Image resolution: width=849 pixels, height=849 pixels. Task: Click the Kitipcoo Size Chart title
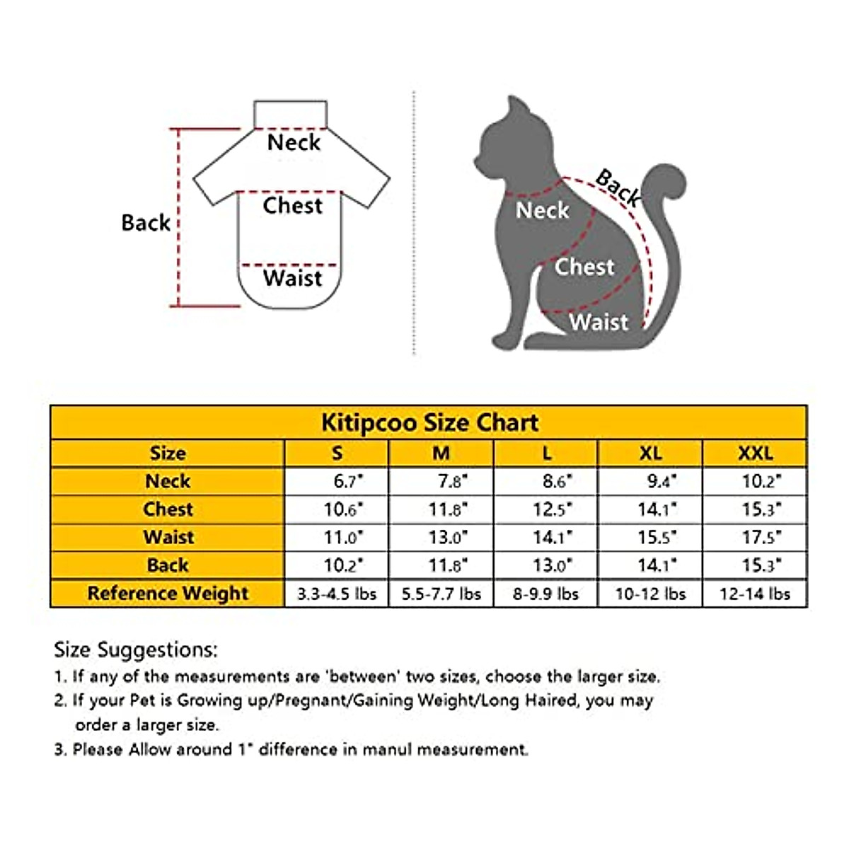click(429, 423)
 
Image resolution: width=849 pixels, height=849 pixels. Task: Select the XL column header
click(650, 454)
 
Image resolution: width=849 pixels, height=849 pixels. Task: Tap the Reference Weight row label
click(168, 594)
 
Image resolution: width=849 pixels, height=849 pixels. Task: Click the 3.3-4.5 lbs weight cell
click(337, 594)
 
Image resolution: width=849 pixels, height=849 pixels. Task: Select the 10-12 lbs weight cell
click(650, 594)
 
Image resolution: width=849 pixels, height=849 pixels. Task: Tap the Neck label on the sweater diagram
click(294, 143)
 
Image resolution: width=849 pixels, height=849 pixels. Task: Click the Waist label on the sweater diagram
click(292, 278)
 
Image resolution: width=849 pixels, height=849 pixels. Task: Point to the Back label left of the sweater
click(146, 223)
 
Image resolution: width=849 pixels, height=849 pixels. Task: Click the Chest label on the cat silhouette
click(584, 267)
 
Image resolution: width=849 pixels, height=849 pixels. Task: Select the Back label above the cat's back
click(618, 187)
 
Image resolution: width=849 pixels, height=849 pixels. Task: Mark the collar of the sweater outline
click(290, 113)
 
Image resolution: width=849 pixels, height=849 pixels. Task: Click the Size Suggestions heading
click(136, 649)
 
